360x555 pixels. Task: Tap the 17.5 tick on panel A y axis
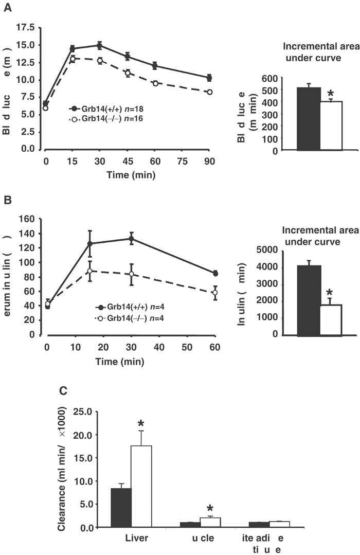tap(26, 27)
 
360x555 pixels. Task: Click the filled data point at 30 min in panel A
tap(99, 45)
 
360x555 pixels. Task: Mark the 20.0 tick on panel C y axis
tap(87, 435)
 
